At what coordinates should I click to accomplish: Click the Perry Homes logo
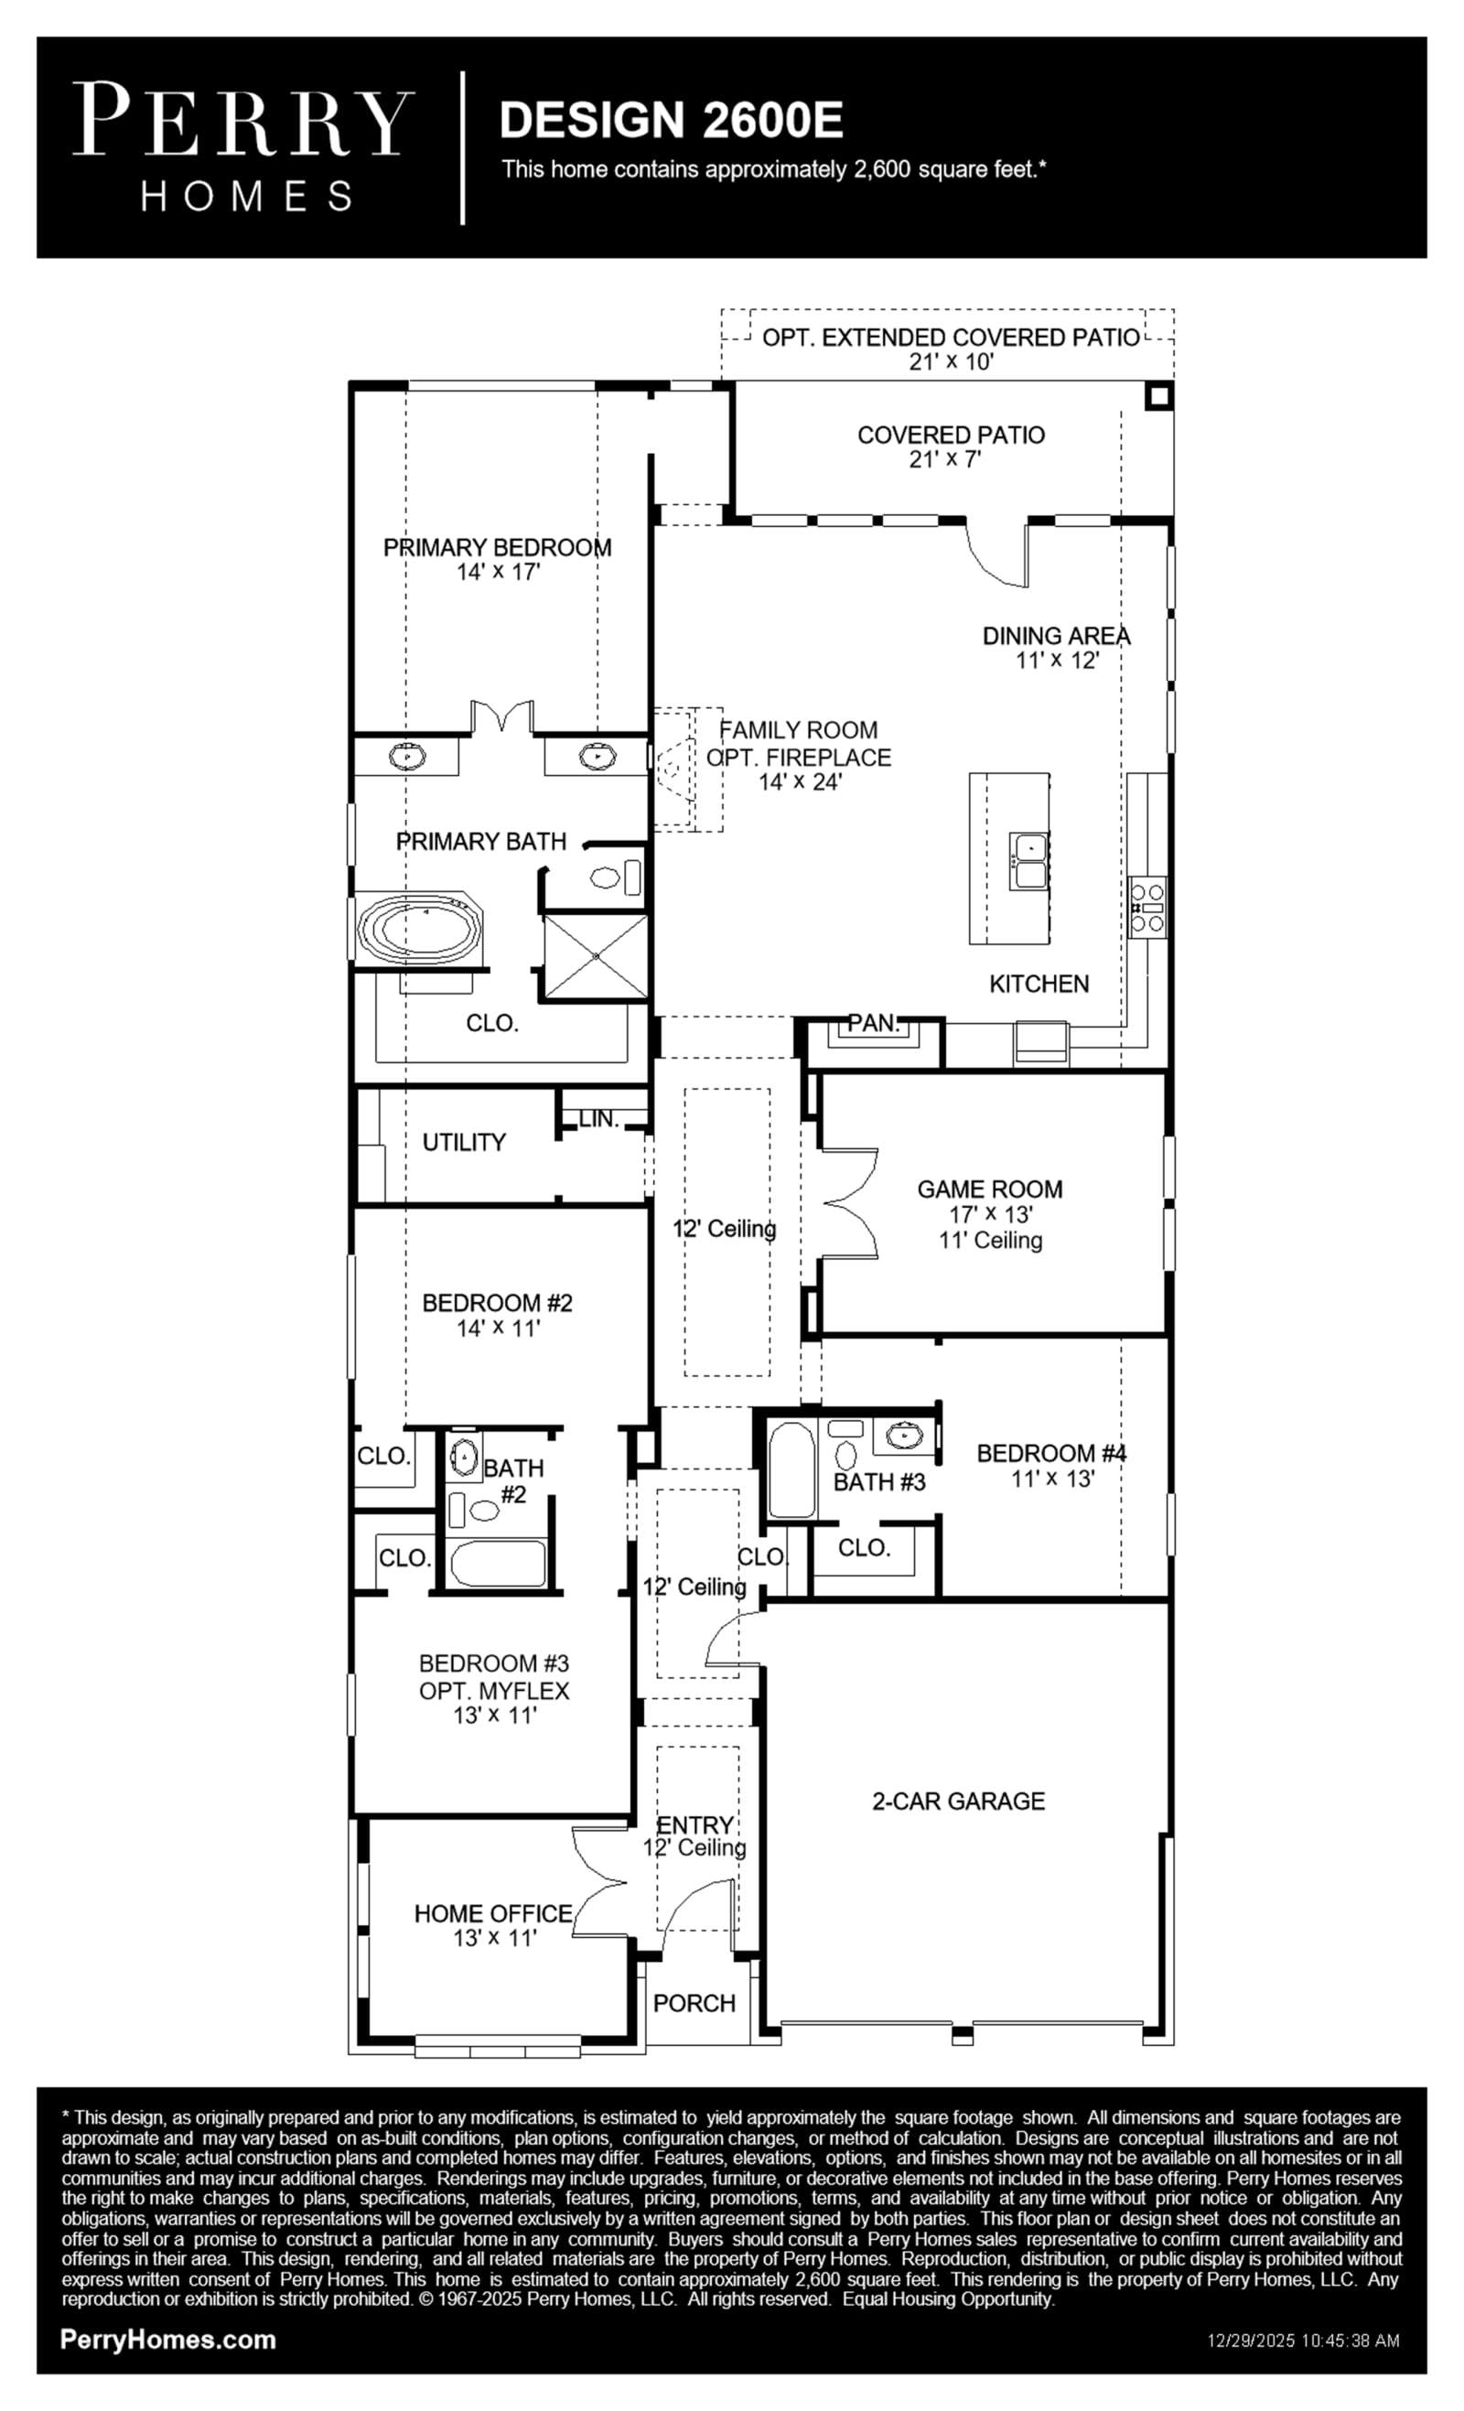242,147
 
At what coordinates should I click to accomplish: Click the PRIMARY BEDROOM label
497,548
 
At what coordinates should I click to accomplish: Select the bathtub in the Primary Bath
420,926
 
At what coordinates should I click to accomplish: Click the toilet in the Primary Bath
615,877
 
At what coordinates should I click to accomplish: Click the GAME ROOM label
989,1189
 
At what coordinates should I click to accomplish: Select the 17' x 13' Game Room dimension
990,1214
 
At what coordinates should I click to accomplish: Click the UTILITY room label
464,1142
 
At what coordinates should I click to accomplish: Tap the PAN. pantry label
873,1024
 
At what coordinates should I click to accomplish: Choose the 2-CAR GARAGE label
958,1802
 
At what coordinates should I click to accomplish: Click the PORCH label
694,2004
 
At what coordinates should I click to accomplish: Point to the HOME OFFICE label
493,1914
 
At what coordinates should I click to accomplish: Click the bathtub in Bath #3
791,1469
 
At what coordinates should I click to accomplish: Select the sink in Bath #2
464,1457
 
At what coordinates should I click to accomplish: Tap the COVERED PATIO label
952,436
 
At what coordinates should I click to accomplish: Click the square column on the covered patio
1158,396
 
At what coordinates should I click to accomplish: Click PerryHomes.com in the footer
168,2340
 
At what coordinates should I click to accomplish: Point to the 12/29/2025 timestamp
1304,2341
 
